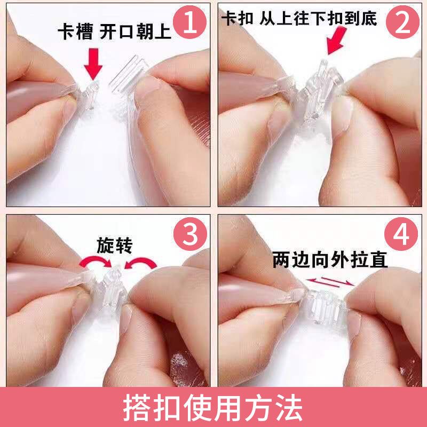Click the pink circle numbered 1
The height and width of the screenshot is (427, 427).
190,22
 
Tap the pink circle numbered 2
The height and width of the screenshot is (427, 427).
402,22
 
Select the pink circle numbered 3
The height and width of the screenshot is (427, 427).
191,234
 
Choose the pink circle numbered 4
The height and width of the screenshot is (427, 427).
401,234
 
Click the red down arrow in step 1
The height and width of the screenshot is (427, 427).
93,64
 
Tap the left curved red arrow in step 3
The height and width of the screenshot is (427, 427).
96,262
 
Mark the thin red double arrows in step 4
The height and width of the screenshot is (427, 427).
330,282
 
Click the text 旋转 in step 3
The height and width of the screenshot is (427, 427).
114,246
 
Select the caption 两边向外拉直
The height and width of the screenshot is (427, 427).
330,260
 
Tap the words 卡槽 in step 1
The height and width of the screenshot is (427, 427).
75,31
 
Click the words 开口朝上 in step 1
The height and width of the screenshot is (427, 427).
136,31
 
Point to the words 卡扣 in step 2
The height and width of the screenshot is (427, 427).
237,18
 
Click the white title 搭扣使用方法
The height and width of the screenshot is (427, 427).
213,407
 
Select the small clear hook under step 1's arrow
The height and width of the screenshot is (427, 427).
90,95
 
